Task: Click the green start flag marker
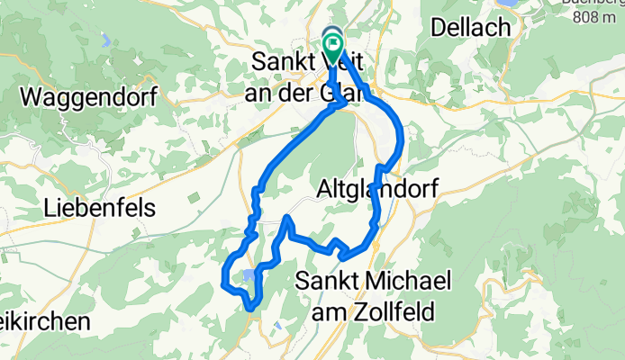(x=334, y=45)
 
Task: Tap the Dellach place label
(x=471, y=28)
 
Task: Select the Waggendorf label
(x=90, y=96)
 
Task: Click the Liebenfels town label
(x=100, y=208)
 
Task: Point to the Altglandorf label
(x=377, y=189)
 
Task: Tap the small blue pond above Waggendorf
(x=106, y=40)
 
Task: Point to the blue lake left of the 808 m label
(x=509, y=3)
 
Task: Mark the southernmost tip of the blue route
(x=251, y=310)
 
